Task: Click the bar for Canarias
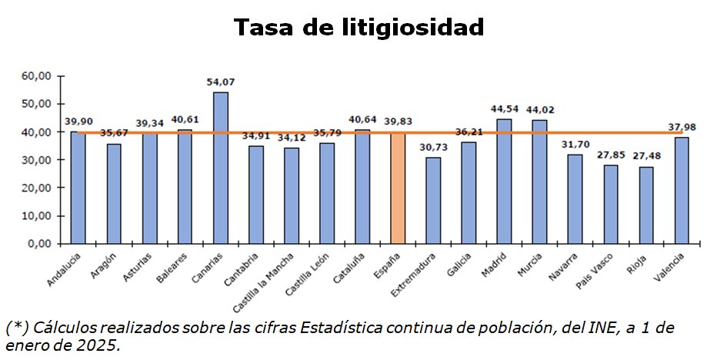click(x=220, y=168)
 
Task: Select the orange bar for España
click(x=397, y=188)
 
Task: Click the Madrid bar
click(x=503, y=181)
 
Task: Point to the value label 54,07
click(x=220, y=81)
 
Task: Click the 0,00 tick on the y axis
click(x=39, y=244)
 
